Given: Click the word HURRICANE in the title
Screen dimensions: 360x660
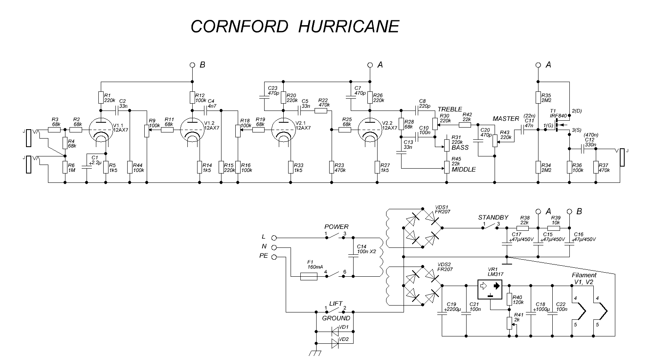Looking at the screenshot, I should (x=348, y=26).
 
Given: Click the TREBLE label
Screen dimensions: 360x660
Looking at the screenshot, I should (x=449, y=109).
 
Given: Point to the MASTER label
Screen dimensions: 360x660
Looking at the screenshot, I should (x=506, y=119).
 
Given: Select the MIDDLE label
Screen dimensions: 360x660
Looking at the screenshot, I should (x=463, y=169).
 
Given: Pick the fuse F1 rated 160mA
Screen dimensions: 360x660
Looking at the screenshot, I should (x=309, y=276).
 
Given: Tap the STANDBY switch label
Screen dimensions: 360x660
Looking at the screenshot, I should (x=493, y=218).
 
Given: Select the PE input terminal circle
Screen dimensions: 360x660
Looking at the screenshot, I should (x=274, y=257).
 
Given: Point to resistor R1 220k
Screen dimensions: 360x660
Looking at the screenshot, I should (x=101, y=98).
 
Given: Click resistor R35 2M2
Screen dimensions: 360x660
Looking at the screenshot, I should (x=538, y=98).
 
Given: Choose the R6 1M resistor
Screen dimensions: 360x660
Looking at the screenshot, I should (x=65, y=167).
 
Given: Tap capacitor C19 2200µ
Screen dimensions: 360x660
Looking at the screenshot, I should (x=442, y=313).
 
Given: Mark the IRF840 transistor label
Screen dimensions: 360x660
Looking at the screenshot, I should (x=558, y=115).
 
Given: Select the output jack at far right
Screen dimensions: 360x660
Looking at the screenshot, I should (x=622, y=158).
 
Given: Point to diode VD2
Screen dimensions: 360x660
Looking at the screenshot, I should (x=336, y=344).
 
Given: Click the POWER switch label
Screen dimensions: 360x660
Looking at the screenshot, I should (x=336, y=227).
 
